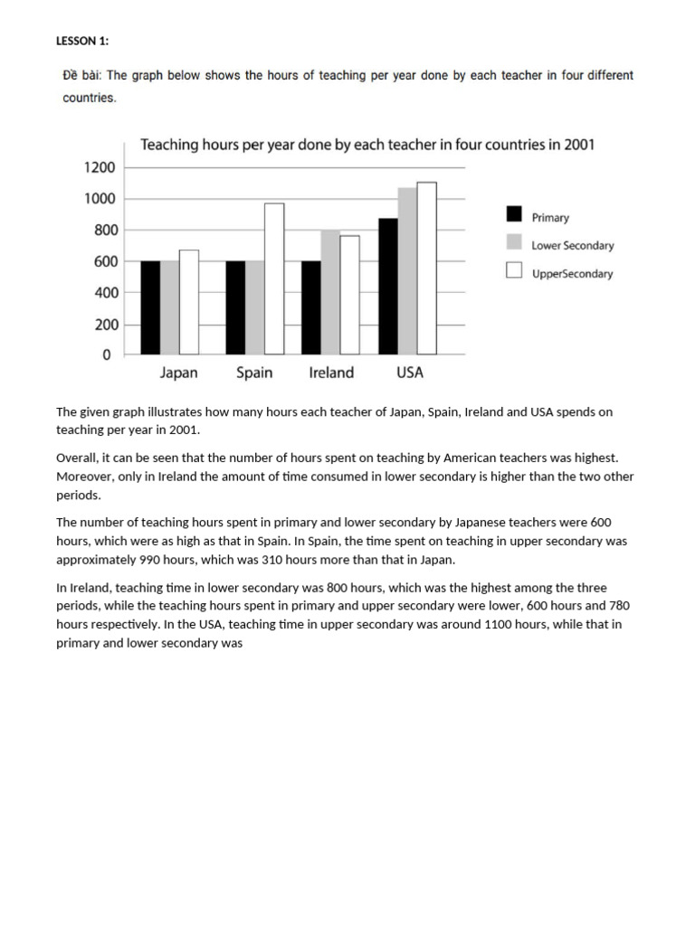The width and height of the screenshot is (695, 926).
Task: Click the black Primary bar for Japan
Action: [150, 307]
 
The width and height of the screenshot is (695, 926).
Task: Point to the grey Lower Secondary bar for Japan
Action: [169, 307]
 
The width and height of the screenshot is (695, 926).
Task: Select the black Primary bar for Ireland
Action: [310, 307]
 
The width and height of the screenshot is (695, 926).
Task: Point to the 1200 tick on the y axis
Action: [100, 167]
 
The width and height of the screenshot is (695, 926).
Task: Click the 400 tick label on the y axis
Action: [100, 293]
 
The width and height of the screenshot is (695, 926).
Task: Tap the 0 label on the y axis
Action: [107, 355]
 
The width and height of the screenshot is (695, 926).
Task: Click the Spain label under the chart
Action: [254, 373]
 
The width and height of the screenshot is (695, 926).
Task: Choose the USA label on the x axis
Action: [409, 373]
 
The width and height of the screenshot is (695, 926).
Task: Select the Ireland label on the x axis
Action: [331, 373]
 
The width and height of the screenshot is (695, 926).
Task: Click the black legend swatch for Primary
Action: [514, 214]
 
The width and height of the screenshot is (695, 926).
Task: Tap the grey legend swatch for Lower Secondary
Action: [514, 241]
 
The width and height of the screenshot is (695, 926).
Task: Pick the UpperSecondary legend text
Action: [572, 273]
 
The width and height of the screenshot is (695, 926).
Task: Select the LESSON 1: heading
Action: [82, 40]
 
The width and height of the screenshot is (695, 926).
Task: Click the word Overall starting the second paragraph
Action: [78, 459]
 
